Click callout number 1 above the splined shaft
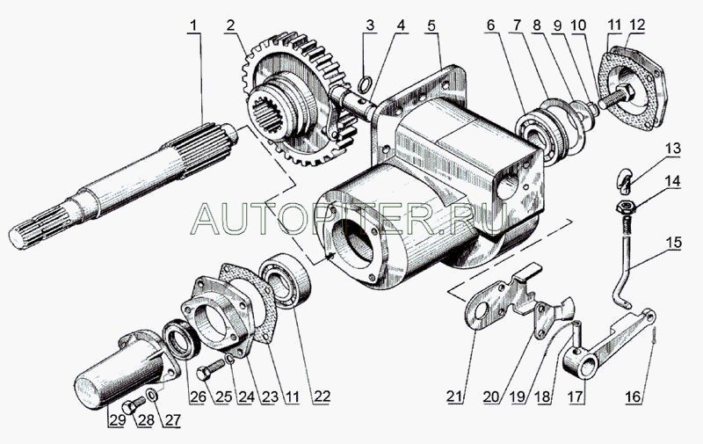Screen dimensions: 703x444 (x=193, y=26)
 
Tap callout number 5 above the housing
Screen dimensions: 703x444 (x=431, y=26)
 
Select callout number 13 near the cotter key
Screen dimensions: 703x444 (x=673, y=149)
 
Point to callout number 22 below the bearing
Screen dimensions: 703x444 (x=322, y=396)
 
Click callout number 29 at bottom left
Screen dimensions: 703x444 (x=116, y=420)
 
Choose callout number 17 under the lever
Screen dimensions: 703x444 (x=576, y=396)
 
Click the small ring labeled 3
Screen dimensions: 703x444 (x=366, y=83)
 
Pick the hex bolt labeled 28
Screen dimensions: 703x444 (x=134, y=404)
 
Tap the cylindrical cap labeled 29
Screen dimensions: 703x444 (x=121, y=371)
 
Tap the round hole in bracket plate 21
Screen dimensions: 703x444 (x=481, y=311)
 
